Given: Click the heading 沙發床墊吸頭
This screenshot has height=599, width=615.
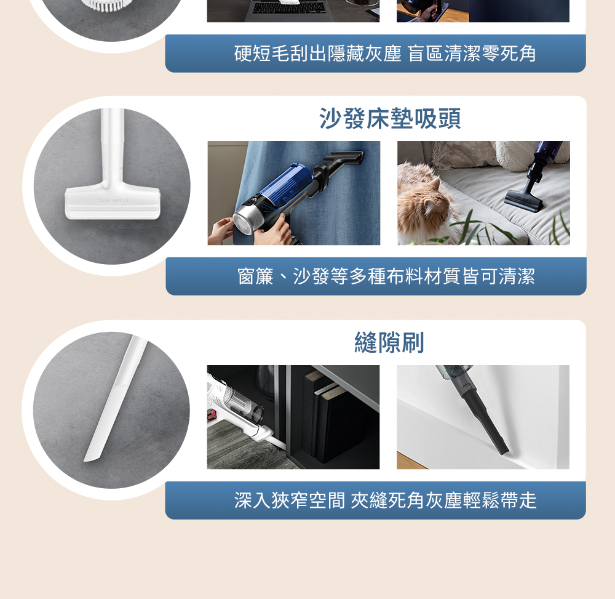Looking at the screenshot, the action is (390, 118).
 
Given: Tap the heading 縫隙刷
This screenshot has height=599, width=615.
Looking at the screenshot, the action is (389, 342).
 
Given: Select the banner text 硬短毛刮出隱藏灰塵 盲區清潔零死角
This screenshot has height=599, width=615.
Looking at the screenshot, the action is (385, 54).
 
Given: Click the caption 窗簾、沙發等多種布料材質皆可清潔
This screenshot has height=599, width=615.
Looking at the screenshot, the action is (386, 276).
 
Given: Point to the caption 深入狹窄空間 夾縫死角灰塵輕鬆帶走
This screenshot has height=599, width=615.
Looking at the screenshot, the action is (385, 501).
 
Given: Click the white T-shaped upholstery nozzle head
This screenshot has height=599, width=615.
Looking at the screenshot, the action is (113, 203).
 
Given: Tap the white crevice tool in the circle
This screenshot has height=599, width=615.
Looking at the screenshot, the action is (114, 398).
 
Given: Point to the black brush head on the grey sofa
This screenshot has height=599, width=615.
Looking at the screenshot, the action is (523, 200).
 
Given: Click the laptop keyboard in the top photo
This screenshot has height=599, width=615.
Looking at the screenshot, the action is (289, 8).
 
